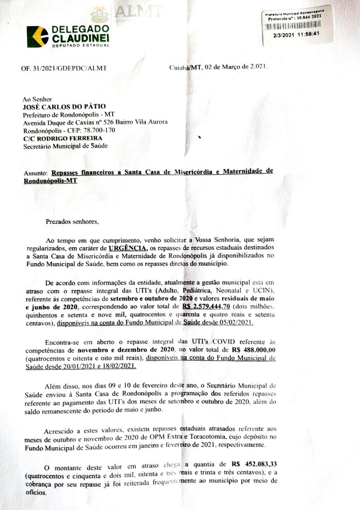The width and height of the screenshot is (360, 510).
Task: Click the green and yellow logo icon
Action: [x=38, y=36]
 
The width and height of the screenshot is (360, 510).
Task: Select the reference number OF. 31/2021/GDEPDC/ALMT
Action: [x=64, y=69]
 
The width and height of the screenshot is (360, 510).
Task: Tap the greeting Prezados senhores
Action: [x=72, y=221]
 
